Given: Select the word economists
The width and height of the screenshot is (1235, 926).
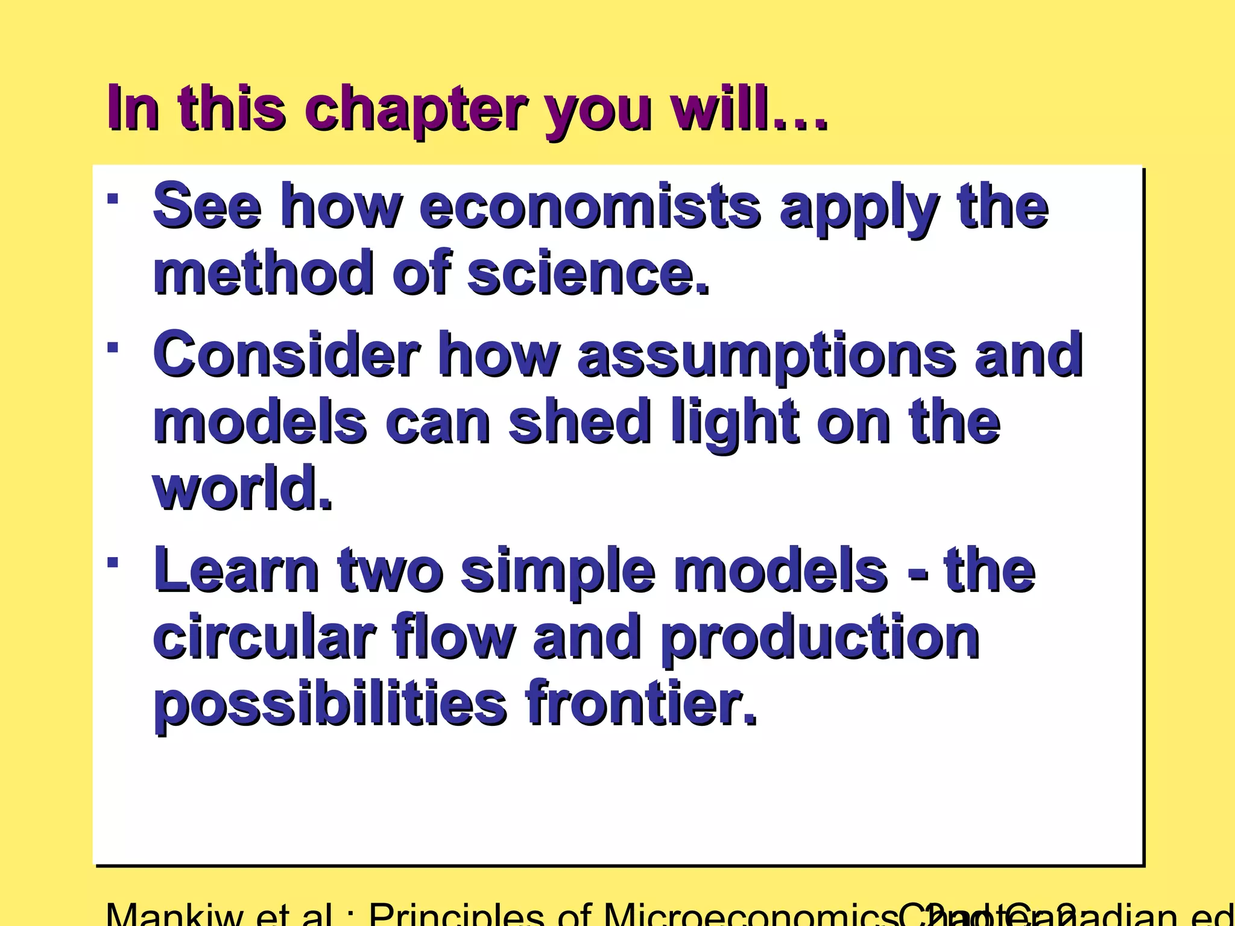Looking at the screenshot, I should (x=589, y=207).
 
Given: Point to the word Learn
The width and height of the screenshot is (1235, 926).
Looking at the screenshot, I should (x=236, y=570).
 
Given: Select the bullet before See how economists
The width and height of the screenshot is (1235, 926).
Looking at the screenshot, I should (x=112, y=198).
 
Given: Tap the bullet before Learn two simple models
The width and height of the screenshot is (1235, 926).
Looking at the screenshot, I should (x=112, y=562).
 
